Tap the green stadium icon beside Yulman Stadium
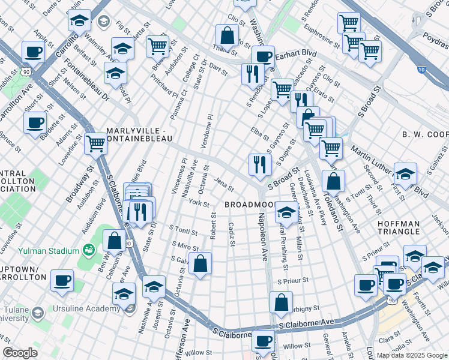(89, 248)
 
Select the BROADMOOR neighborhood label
(250, 205)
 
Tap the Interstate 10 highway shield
(423, 70)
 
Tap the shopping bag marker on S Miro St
(200, 263)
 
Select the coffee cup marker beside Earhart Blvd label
(262, 56)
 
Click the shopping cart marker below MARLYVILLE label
(96, 144)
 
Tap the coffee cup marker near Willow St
(262, 341)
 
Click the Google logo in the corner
(20, 353)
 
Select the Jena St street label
(224, 184)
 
